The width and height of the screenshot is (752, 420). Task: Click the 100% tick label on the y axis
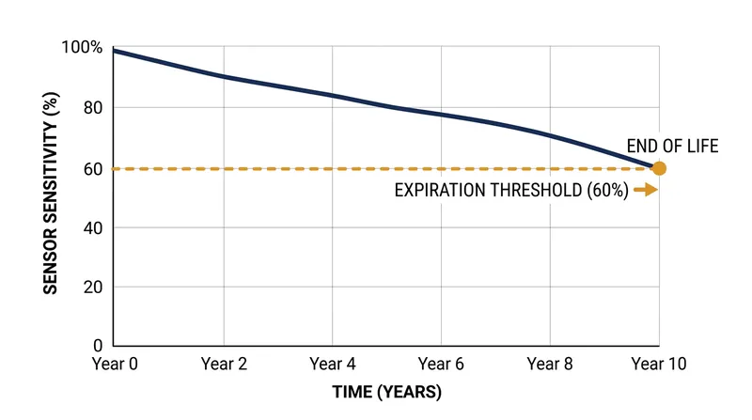point(82,48)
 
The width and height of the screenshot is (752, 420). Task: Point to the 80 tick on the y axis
point(93,108)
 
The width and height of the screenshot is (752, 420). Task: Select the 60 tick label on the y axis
point(93,169)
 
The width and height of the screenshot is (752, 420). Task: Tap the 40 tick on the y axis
point(93,227)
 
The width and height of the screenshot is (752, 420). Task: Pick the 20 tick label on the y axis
point(93,288)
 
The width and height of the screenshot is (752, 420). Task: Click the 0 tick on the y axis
point(98,345)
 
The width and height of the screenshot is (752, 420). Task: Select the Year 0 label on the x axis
point(115,364)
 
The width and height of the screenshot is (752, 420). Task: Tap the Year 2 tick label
point(224,364)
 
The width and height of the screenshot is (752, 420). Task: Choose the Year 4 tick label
point(333,364)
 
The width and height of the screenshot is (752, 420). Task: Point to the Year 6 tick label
point(441,364)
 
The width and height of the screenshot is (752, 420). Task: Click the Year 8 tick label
point(550,364)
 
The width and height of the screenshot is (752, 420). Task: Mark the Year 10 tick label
point(659,364)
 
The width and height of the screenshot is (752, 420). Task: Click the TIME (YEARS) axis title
point(387,392)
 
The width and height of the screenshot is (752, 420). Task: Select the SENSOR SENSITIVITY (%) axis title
point(51,194)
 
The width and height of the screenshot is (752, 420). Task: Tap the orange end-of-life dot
point(660,169)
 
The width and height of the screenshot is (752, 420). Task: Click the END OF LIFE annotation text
point(672,146)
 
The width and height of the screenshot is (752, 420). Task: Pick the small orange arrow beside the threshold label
point(646,190)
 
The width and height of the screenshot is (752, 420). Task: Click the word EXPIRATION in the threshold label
point(440,191)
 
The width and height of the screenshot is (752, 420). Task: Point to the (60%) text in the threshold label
point(607,191)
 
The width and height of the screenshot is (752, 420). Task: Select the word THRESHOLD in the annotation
point(536,191)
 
